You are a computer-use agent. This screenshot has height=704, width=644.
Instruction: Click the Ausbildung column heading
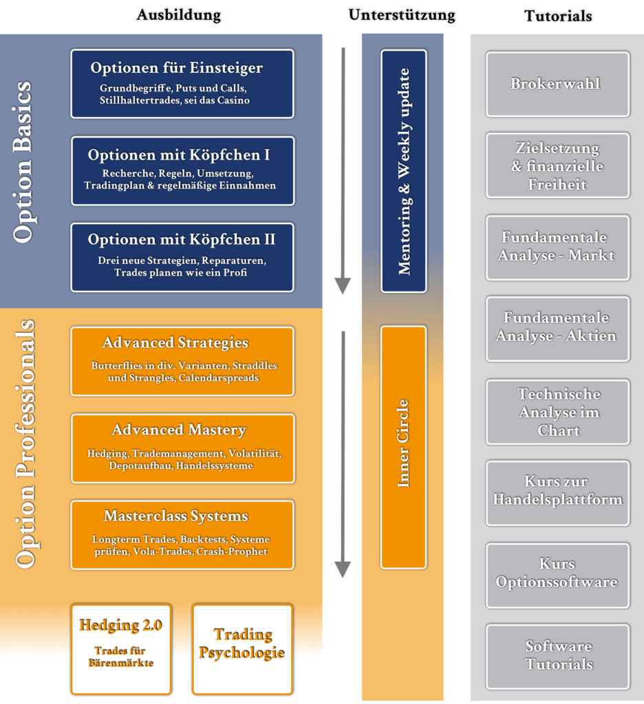(x=178, y=15)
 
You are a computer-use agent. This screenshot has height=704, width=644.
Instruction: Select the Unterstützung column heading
(x=402, y=15)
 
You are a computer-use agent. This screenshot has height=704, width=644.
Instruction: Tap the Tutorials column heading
(x=558, y=15)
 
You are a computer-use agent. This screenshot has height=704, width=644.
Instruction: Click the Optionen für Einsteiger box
(x=182, y=83)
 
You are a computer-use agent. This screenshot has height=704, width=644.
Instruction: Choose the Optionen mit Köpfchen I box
(x=182, y=170)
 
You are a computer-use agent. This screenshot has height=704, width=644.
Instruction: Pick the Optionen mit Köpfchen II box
(x=182, y=257)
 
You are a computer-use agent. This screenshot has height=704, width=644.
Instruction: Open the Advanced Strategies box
(x=182, y=361)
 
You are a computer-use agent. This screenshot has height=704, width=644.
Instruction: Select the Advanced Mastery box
(x=182, y=448)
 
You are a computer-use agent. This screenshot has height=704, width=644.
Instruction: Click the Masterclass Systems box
(x=182, y=534)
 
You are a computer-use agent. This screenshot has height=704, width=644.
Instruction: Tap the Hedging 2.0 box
(x=121, y=649)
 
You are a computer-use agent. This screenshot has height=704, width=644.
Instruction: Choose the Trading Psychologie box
(x=242, y=649)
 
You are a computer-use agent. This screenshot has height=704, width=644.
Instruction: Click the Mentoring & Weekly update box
(x=404, y=171)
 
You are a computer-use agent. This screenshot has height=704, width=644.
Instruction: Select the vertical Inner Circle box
(x=404, y=447)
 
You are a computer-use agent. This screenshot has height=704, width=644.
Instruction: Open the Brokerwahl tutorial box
(x=557, y=84)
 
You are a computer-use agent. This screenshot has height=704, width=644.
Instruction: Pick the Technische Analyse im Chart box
(x=557, y=412)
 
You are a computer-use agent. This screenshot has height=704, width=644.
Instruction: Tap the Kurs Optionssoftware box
(x=557, y=575)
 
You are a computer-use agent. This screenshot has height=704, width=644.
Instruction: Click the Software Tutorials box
(x=557, y=656)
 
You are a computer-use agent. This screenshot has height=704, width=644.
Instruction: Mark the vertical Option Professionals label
(x=25, y=443)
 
